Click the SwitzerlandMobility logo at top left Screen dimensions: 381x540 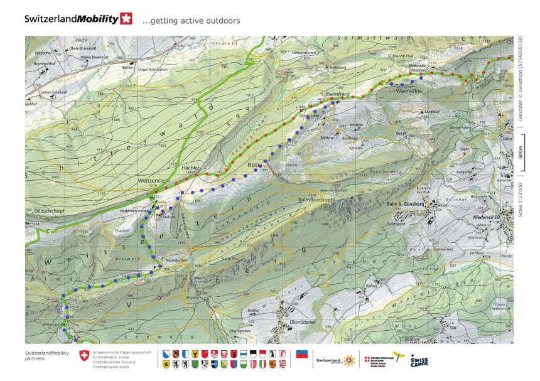(78, 19)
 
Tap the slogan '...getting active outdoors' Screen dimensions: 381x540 (192, 21)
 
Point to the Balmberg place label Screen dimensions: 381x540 (338, 94)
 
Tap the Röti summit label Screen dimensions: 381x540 (254, 164)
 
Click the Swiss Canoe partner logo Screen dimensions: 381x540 (419, 360)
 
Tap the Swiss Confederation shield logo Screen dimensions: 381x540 (84, 356)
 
